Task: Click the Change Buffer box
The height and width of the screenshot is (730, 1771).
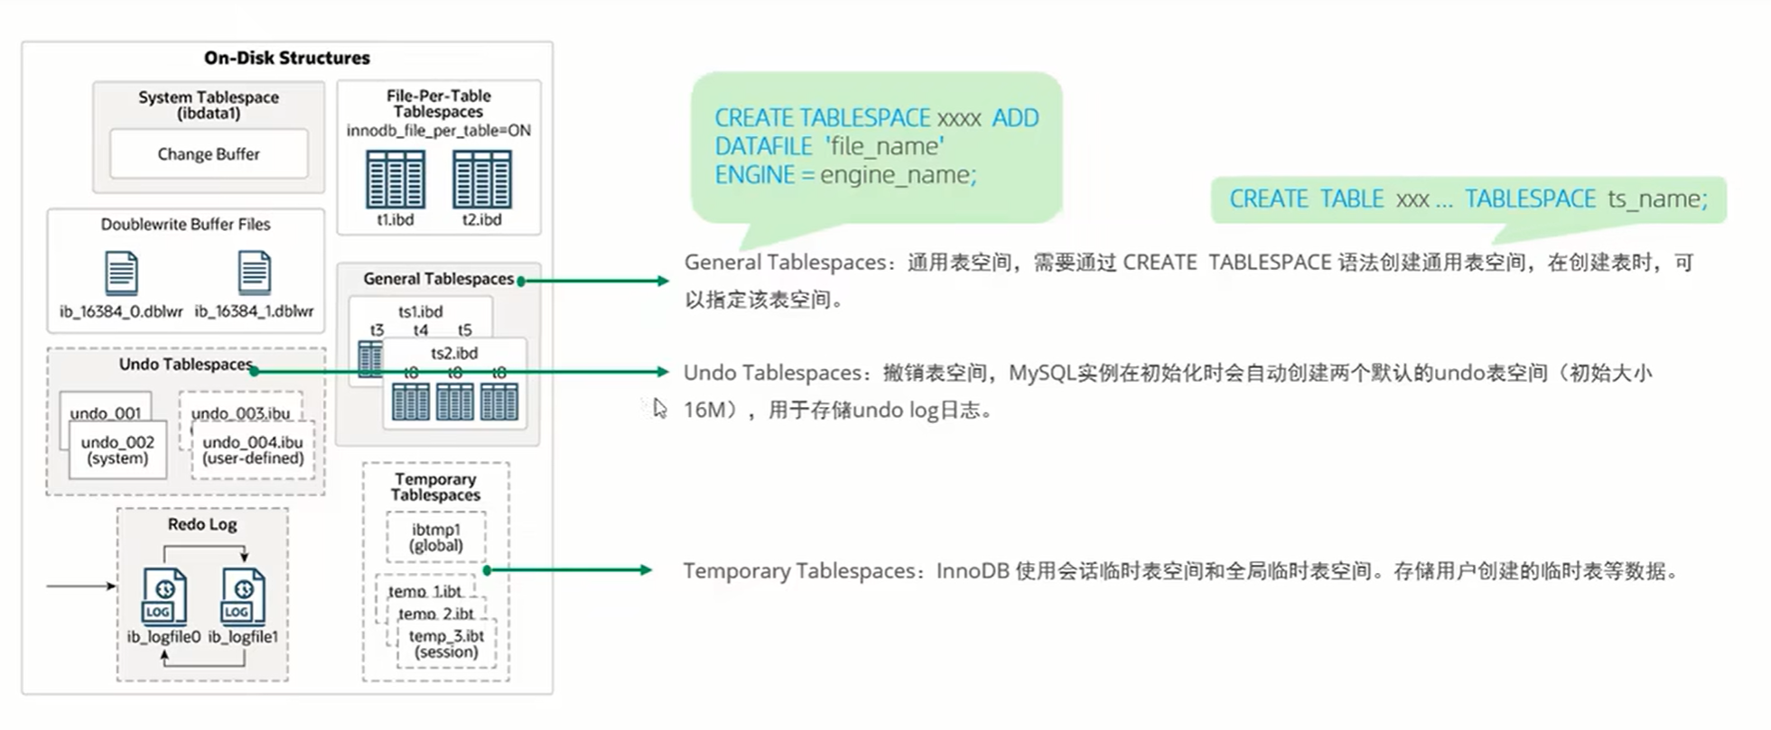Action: coord(209,154)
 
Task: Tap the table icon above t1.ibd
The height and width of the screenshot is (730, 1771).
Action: coord(395,180)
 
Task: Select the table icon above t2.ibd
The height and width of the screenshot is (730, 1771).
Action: coord(481,180)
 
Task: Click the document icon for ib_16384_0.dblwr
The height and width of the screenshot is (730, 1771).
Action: coord(121,273)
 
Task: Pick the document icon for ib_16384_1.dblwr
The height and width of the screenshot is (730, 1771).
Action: coord(254,273)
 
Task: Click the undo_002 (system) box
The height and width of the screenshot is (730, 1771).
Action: coord(117,449)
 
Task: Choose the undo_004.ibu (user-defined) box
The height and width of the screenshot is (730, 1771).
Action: coord(253,449)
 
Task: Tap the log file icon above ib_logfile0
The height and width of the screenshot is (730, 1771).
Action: coord(164,596)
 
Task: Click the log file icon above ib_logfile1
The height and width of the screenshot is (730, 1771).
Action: coord(243,596)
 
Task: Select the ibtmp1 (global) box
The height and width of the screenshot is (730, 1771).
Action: coord(435,537)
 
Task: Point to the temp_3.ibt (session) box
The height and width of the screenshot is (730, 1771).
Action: coord(446,643)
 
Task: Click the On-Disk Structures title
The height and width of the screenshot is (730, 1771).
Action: coord(287,58)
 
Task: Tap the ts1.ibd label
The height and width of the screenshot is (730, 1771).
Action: coord(421,311)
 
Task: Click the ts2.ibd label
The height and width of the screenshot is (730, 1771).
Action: coord(454,353)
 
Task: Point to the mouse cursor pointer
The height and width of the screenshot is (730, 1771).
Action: coord(659,408)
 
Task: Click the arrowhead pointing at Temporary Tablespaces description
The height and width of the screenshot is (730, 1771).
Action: coord(645,570)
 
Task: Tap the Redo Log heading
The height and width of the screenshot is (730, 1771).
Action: coord(202,524)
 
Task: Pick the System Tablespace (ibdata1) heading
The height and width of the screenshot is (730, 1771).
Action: coord(209,105)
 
